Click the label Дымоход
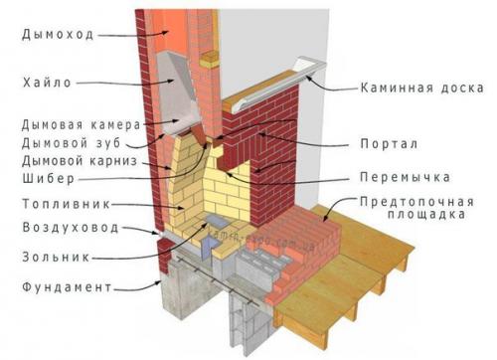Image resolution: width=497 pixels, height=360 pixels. pyautogui.click(x=57, y=34)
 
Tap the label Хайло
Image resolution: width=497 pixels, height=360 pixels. pyautogui.click(x=47, y=82)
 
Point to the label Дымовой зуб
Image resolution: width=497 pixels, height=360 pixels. pyautogui.click(x=71, y=143)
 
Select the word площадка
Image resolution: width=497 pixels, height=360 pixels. pyautogui.click(x=424, y=214)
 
